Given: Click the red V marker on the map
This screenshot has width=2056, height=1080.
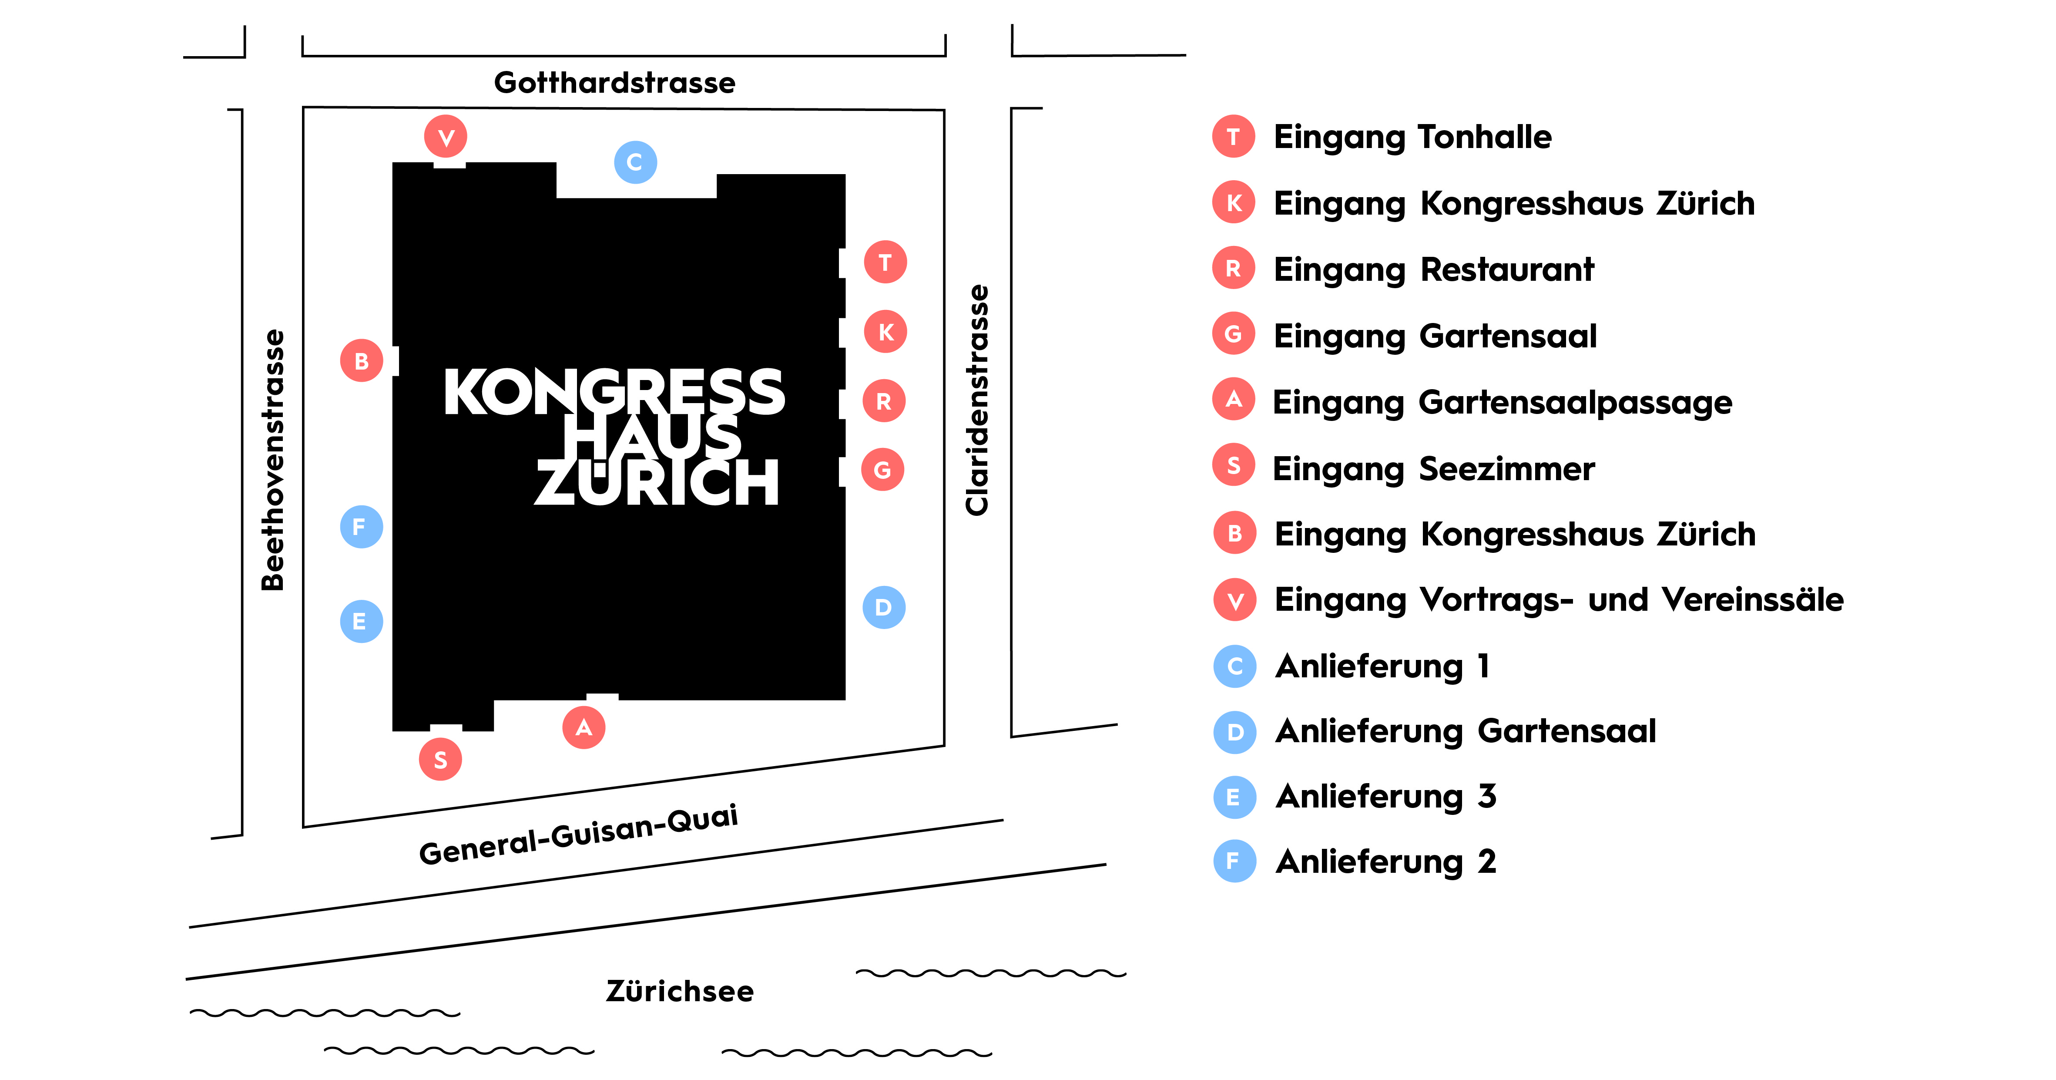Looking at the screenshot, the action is pos(446,137).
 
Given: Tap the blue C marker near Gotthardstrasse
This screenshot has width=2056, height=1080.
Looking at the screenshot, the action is pos(635,162).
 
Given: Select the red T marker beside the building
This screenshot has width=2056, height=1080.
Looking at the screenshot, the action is pos(885,262).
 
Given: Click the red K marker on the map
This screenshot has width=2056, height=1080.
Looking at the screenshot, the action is pos(885,331).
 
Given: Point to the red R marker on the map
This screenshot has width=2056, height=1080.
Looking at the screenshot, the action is pos(884,401).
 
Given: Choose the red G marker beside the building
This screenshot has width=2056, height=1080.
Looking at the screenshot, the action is pos(883,469).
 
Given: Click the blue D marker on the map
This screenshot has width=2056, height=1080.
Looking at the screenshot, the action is pos(884,607).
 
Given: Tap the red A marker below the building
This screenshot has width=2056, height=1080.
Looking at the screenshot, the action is pos(584,727).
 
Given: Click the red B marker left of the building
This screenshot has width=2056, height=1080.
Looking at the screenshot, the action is pos(362,361).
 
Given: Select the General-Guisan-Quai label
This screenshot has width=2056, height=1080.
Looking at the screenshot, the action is pos(579,834).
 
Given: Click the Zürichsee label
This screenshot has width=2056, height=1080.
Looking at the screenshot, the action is pos(680,991).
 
